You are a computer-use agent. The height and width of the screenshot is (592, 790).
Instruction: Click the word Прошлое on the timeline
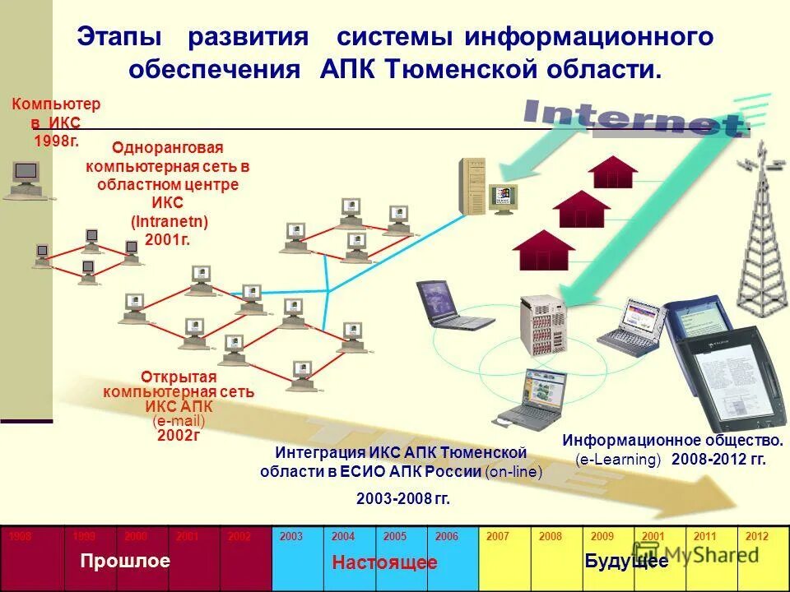tap(125, 562)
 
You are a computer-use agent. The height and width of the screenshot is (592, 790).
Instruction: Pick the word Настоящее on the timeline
tap(384, 563)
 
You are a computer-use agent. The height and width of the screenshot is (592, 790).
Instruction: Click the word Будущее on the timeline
tap(626, 562)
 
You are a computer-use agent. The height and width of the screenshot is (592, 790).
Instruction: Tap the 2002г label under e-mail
tap(179, 436)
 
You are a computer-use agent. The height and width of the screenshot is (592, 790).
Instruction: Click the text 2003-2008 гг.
tap(403, 499)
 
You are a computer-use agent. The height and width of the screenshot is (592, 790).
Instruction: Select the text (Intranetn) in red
tap(170, 222)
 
